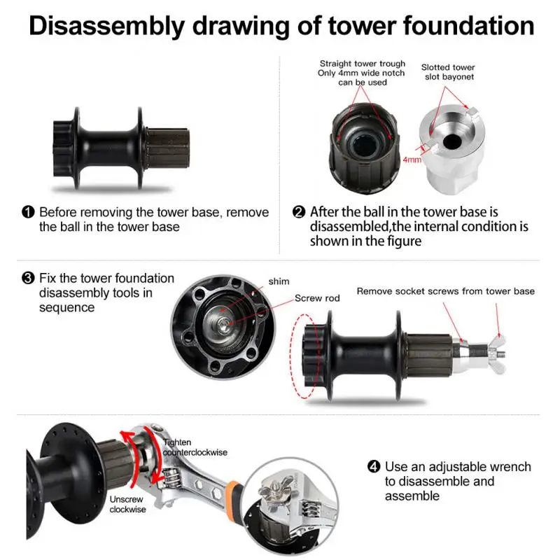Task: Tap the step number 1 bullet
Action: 29,212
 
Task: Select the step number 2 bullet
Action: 299,212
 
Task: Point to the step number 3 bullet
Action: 29,279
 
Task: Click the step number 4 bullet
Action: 374,467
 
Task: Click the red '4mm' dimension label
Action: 413,160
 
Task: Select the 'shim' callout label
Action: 278,281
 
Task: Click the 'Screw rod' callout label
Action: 316,298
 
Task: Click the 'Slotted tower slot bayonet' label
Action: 448,72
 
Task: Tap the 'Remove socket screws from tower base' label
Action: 445,291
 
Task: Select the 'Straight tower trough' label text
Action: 363,64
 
